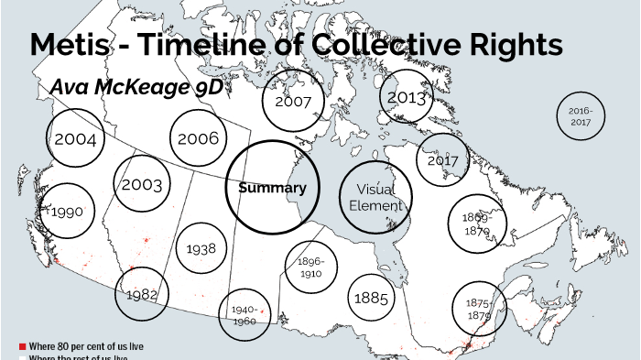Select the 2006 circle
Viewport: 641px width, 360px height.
tap(198, 138)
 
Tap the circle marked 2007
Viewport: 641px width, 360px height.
tap(293, 101)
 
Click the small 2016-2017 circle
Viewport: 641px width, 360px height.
tap(581, 116)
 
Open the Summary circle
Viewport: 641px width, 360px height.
tap(272, 188)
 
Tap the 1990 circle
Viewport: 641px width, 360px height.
tap(68, 211)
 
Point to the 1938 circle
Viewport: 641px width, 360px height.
tap(201, 248)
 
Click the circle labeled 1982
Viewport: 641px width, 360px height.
tap(143, 294)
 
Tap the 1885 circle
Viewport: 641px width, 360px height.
tap(371, 299)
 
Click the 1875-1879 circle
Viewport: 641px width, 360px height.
tap(479, 309)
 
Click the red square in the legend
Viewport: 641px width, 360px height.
tap(22, 346)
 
